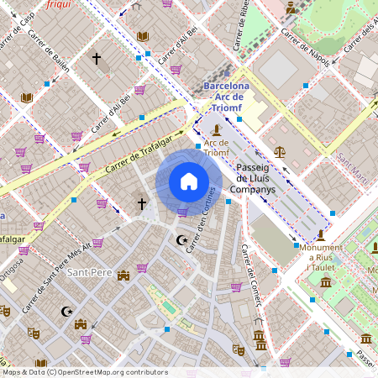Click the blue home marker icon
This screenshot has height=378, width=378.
point(188,181)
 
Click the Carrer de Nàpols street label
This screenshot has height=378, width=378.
point(306,46)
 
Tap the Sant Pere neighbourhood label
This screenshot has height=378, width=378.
point(90,273)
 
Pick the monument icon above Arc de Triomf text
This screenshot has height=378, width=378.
point(218,129)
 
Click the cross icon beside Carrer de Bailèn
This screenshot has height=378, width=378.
point(97,59)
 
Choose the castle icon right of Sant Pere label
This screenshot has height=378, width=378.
point(123,275)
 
